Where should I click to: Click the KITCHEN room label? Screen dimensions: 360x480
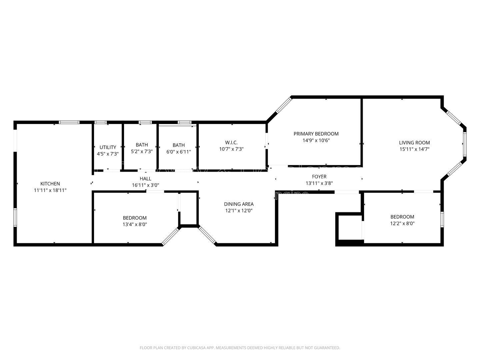coord(50,184)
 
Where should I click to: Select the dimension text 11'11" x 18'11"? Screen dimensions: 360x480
coord(50,190)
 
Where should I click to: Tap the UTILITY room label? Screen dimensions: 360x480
coord(108,147)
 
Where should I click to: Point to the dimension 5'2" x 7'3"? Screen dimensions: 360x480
coord(142,151)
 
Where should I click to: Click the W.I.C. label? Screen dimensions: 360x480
coord(231,142)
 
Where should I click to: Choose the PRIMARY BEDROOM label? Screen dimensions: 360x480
coord(316,134)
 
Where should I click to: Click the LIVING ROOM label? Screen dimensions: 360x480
coord(414,143)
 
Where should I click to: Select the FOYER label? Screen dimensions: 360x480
coord(319,176)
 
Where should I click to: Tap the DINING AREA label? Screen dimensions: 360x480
coord(239,204)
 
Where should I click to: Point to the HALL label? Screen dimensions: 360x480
coord(145,179)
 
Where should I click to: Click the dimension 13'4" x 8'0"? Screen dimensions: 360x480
coord(135,224)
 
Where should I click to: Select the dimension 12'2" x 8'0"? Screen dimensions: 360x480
coord(402,223)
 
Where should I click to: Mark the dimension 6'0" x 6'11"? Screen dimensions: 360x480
coord(179,152)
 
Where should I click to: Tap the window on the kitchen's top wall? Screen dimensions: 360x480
coord(69,122)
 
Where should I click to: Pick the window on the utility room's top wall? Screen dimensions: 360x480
coord(100,122)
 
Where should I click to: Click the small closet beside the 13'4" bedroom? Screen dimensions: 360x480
coord(188,209)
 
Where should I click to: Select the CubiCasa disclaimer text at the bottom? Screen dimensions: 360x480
coord(240,348)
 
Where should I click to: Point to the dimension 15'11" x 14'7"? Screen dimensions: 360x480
coord(414,149)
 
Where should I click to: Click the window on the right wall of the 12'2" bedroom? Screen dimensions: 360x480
coord(442,219)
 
